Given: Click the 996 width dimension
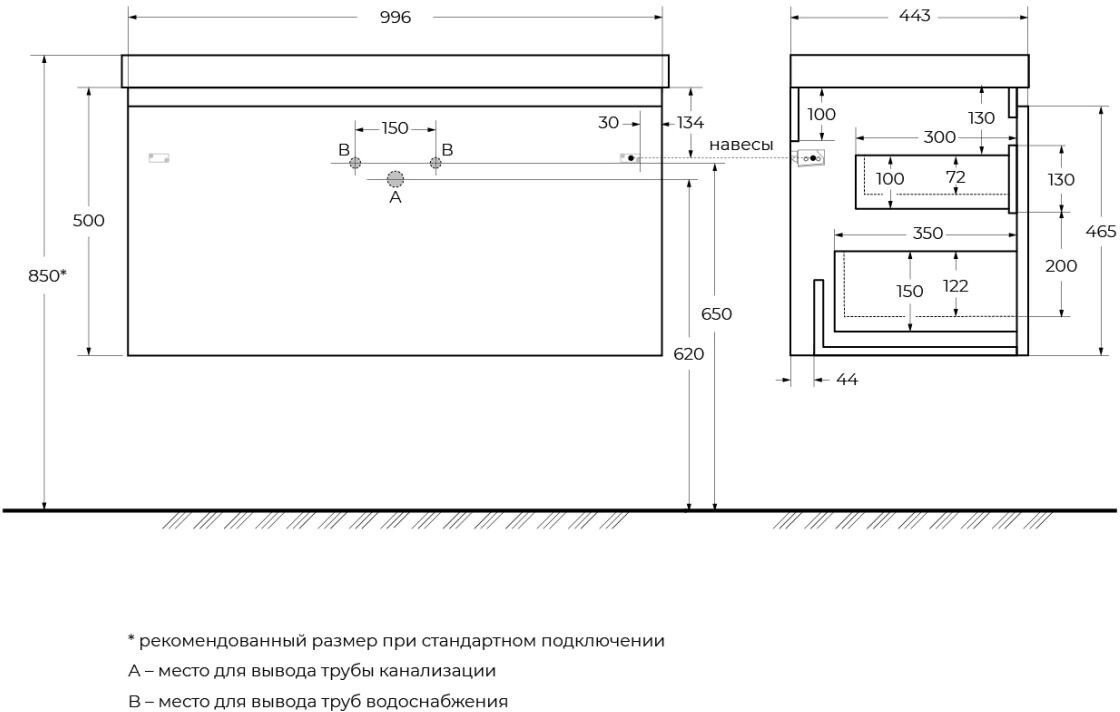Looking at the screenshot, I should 395,17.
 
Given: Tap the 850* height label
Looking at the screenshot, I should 48,275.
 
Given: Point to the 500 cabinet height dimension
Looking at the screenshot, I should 88,221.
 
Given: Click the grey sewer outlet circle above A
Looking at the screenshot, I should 395,179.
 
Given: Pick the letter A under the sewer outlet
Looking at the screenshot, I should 395,198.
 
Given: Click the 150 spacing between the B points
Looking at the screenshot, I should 395,128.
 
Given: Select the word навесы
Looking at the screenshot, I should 741,145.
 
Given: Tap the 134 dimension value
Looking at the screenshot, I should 690,122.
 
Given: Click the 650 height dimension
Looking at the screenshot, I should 716,314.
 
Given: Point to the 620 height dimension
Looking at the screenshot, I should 690,353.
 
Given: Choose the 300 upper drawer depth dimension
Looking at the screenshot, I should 939,137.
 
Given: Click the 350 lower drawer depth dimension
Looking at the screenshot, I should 927,233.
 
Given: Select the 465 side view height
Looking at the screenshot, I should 1101,231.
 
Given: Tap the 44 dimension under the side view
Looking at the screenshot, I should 846,379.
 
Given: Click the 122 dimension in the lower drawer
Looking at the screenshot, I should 955,286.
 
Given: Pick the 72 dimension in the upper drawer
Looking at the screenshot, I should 955,178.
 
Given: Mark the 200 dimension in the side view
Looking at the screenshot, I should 1061,266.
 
